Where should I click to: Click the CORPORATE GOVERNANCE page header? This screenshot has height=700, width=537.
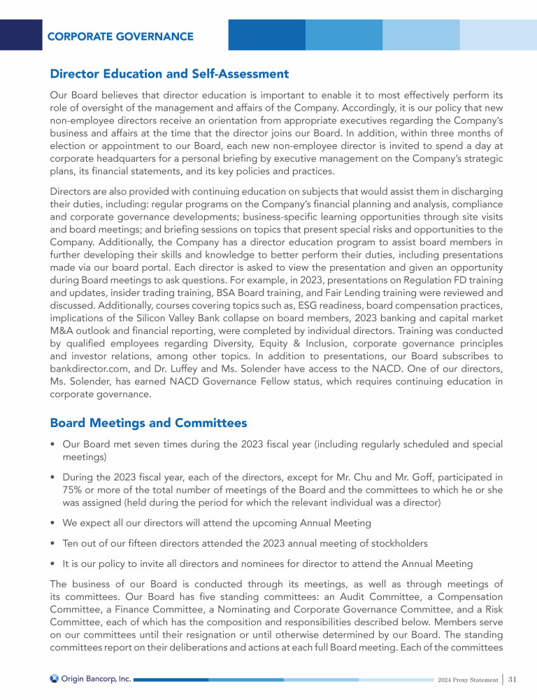[x=120, y=36]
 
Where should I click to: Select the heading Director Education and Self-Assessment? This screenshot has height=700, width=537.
[x=169, y=73]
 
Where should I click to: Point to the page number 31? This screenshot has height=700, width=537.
[x=513, y=678]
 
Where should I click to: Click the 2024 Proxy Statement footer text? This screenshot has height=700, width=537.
[x=466, y=679]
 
